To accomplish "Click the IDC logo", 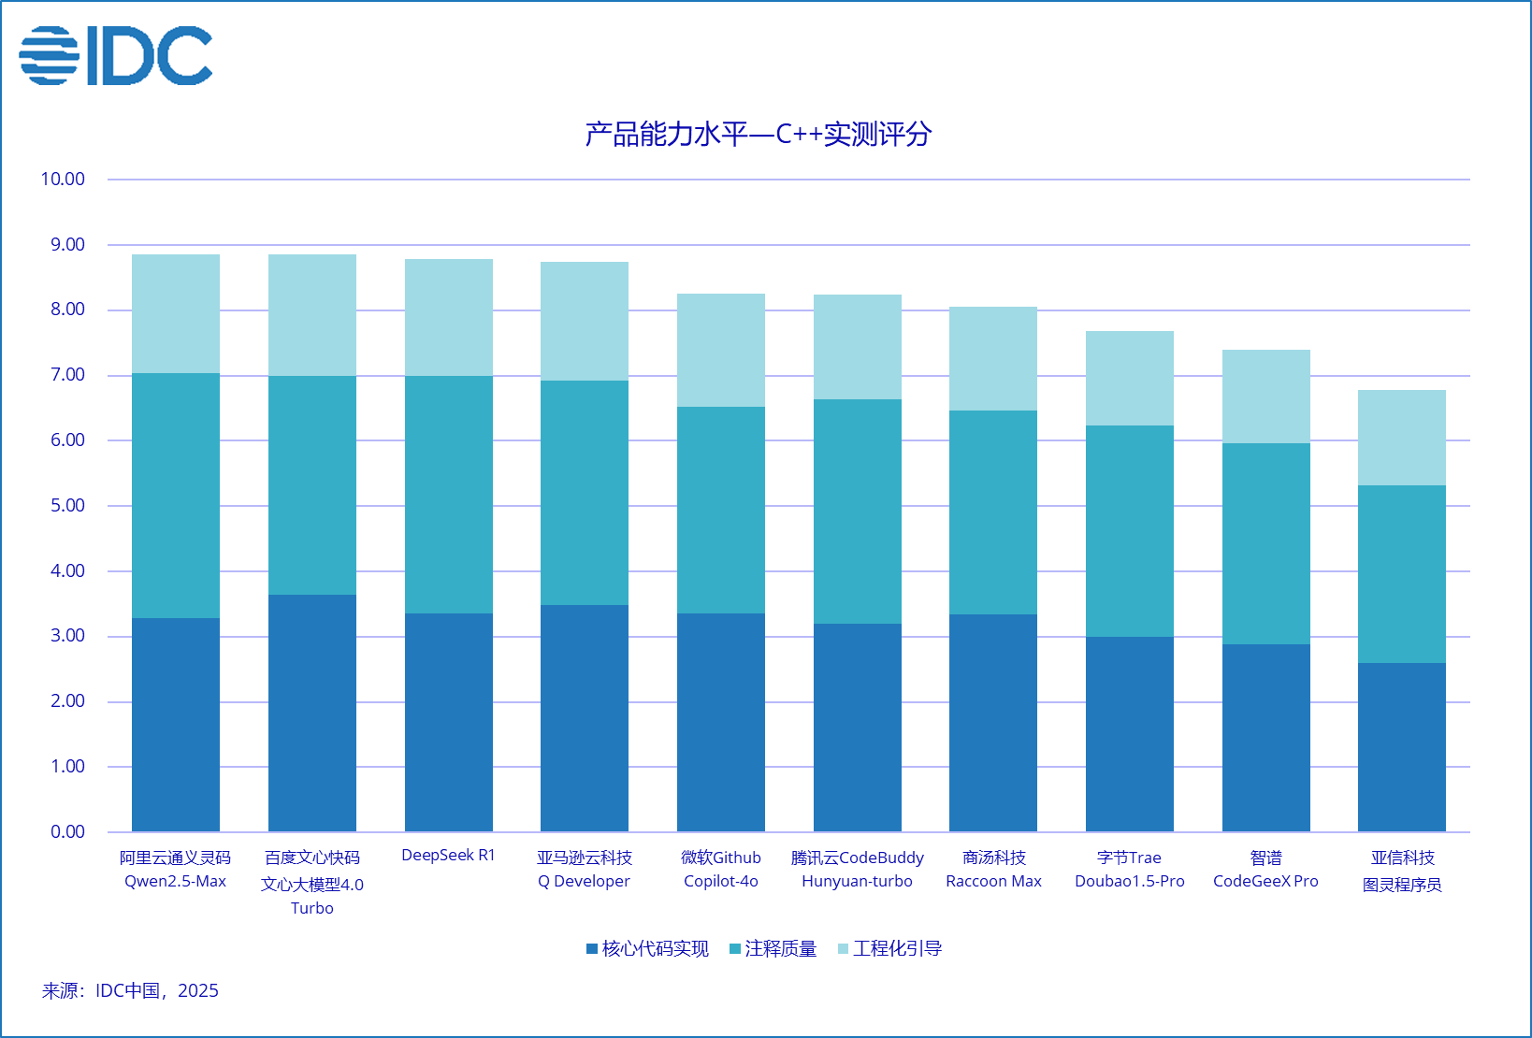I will (x=116, y=56).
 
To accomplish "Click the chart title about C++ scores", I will (x=758, y=135).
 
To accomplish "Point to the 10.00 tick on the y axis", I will (x=63, y=179).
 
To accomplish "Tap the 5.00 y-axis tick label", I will (x=67, y=506).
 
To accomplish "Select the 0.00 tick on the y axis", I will (x=67, y=831).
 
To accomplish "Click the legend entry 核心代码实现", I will (x=647, y=949).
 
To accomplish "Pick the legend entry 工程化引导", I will (x=889, y=949).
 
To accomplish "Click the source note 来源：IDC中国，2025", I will (x=130, y=991).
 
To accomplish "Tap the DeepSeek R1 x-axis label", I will (x=448, y=856).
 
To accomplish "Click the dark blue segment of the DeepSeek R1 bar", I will (x=448, y=722).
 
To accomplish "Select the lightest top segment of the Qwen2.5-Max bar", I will (x=176, y=313).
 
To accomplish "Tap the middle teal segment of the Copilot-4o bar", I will (x=721, y=510).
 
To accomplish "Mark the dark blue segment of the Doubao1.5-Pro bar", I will (x=1130, y=734).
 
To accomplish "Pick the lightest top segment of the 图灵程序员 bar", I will (x=1402, y=438).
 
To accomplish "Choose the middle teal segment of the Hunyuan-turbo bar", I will (x=858, y=512).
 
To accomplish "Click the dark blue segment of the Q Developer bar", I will (x=585, y=718).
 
